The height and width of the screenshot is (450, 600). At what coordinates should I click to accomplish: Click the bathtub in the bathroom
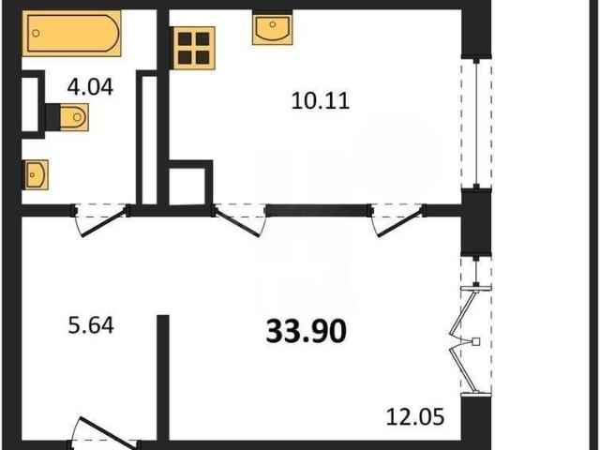pos(71,34)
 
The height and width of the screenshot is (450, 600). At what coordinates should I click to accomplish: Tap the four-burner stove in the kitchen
pos(194,48)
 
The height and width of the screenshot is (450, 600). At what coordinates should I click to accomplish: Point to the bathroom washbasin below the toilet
pos(37,174)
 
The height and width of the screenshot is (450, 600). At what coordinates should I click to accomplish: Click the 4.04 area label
pos(90,87)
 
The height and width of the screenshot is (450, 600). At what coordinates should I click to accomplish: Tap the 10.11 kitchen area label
pos(321,101)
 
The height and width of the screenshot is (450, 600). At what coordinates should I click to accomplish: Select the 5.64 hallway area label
pos(91,326)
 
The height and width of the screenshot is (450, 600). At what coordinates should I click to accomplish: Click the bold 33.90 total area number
pos(307,331)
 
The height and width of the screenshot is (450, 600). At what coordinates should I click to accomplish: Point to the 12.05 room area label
pos(415,416)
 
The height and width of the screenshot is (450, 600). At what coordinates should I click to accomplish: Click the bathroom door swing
pos(100,220)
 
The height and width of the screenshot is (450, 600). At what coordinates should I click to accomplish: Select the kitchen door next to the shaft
pos(240,220)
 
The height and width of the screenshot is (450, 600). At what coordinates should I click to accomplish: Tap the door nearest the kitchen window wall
pos(397,220)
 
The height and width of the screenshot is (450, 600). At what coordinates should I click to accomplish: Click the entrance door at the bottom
pos(104,433)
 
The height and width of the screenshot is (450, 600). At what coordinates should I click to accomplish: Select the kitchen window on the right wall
pos(476,124)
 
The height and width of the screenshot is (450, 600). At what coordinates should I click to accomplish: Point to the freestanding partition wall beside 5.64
pos(163,378)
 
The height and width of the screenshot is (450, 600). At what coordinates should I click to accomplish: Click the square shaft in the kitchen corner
pos(190,182)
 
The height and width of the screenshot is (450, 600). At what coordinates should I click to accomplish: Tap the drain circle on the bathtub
pos(36,34)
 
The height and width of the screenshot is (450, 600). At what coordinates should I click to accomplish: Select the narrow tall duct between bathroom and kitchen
pos(149,137)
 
